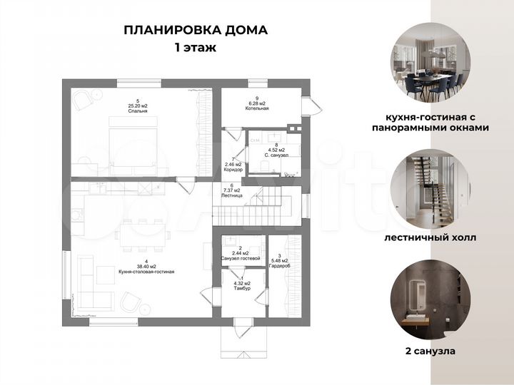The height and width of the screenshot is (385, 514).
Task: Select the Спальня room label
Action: point(128,111)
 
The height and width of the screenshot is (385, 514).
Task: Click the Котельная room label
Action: point(256,109)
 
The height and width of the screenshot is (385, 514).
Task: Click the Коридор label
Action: point(233,170)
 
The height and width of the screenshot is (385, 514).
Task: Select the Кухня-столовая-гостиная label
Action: point(147,272)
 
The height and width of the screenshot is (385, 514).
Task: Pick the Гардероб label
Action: point(280,265)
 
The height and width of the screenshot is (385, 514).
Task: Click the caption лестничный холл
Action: point(430,237)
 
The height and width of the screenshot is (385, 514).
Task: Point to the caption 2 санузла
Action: point(430,351)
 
